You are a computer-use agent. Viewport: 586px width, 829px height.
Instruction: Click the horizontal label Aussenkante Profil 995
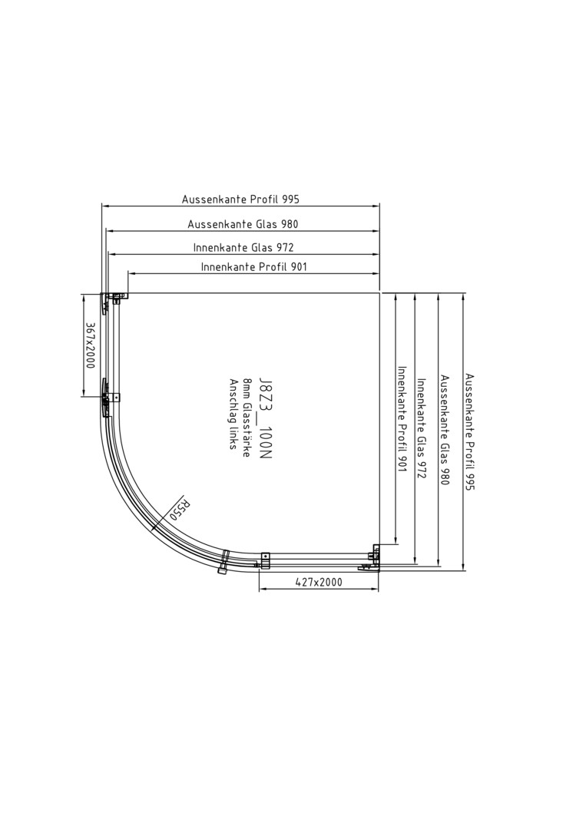(240, 200)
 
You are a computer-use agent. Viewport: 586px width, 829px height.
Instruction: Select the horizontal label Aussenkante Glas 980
(243, 224)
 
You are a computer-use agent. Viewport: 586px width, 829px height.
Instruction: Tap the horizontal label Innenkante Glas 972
(243, 247)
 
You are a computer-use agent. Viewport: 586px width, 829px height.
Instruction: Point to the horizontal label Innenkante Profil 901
(254, 267)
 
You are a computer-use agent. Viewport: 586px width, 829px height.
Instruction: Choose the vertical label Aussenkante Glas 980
(445, 430)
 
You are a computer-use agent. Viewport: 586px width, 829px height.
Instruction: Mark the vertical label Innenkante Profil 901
(402, 419)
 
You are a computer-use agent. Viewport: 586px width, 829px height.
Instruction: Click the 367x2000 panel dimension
(90, 345)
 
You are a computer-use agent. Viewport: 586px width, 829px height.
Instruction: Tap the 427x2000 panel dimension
(319, 582)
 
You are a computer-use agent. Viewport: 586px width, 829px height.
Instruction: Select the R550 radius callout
(179, 509)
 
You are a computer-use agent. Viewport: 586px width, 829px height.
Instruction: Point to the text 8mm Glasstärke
(247, 418)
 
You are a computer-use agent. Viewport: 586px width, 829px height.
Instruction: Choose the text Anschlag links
(233, 414)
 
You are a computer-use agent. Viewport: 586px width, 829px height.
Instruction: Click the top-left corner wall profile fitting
(114, 299)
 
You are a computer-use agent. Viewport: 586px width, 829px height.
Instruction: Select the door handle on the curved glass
(224, 561)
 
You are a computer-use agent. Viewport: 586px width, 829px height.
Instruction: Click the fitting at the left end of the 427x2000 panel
(265, 559)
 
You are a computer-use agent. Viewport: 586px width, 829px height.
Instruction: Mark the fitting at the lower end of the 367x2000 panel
(111, 398)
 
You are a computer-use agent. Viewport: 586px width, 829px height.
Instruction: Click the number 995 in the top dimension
(291, 200)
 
